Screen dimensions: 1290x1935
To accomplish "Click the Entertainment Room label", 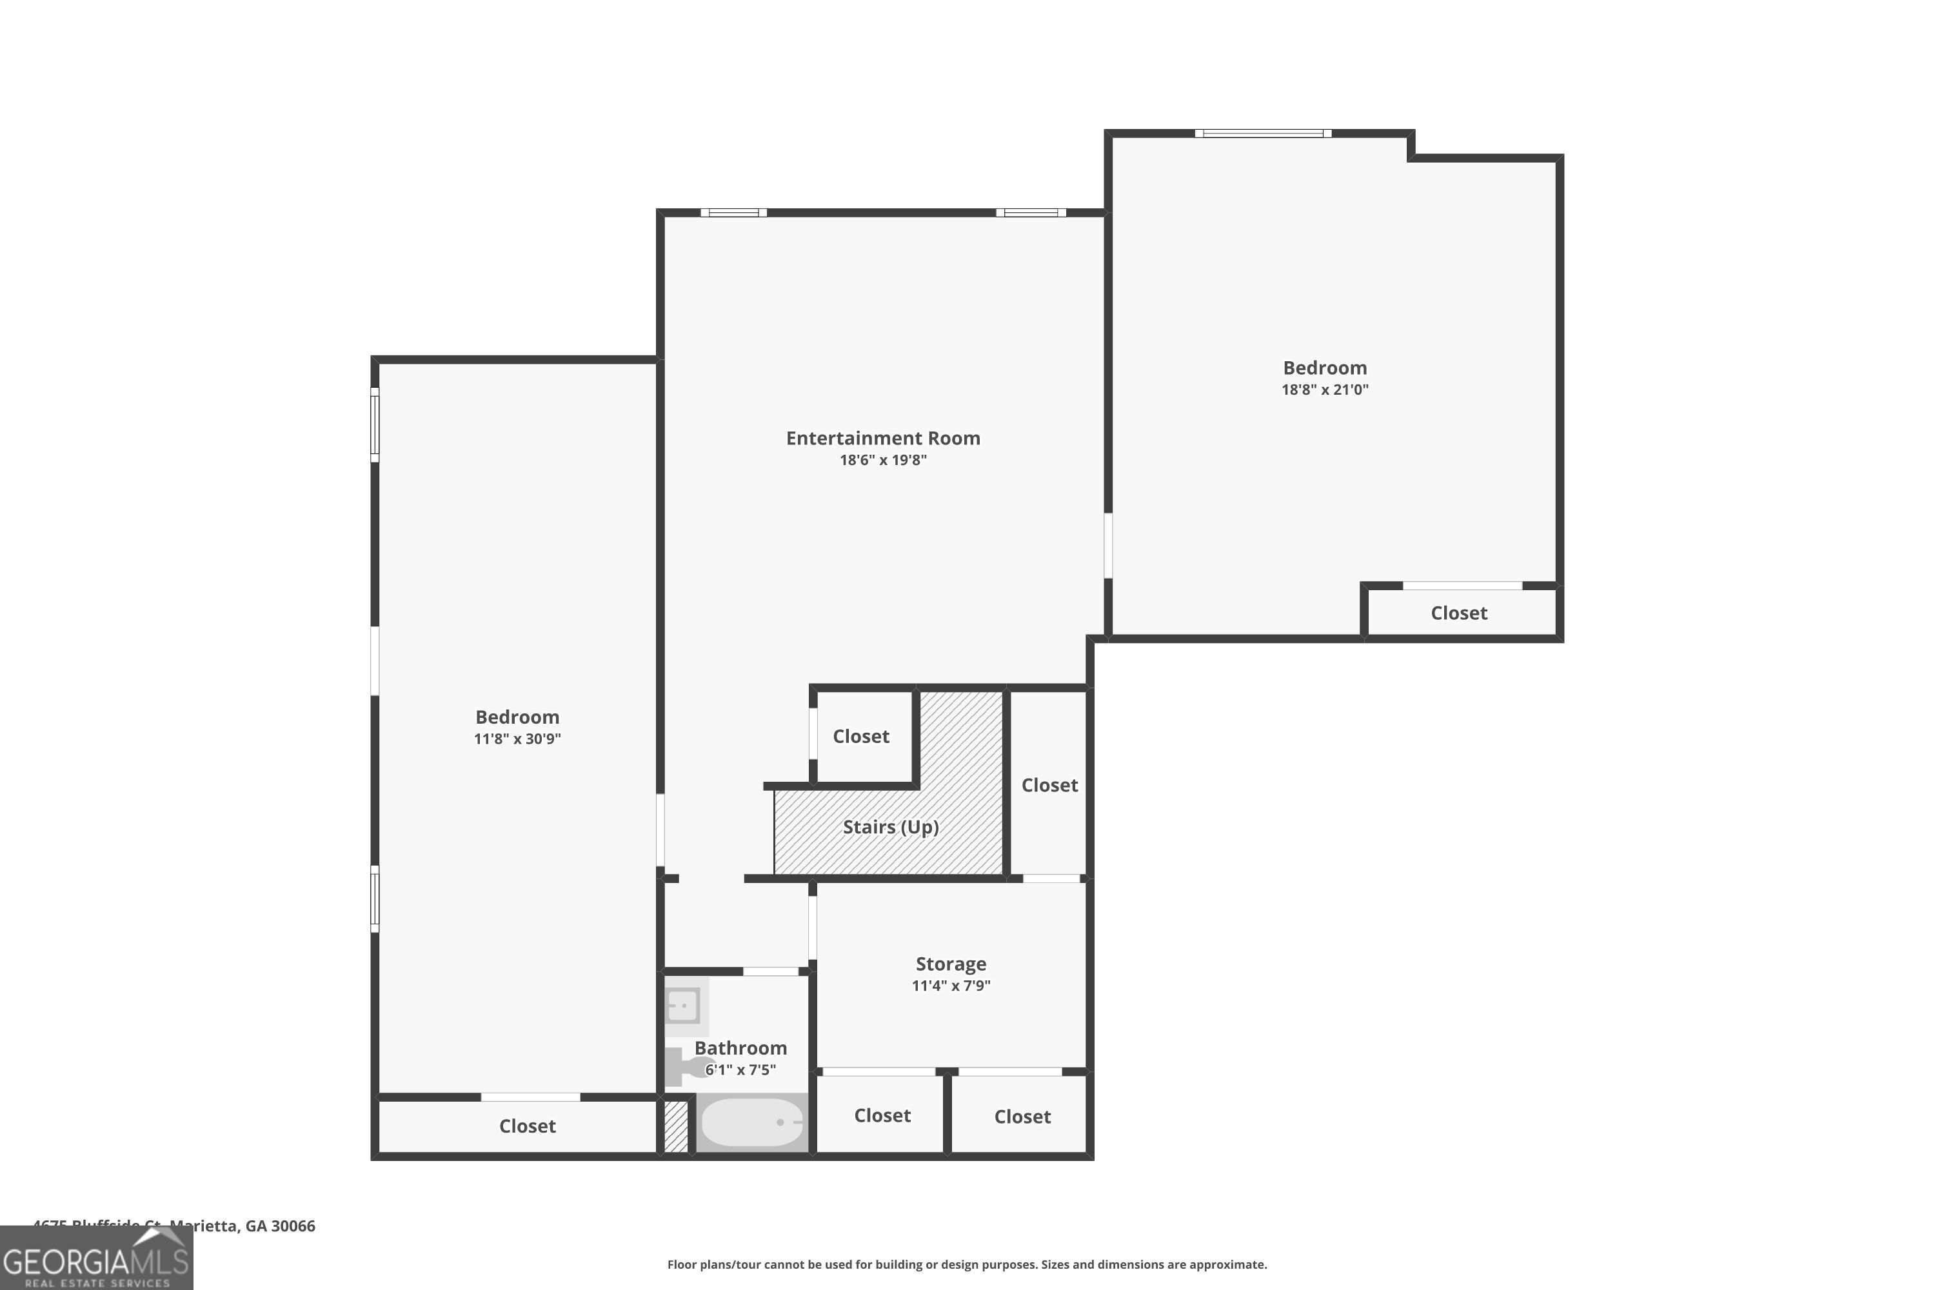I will tap(883, 439).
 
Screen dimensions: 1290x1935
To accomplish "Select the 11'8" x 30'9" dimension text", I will tap(517, 739).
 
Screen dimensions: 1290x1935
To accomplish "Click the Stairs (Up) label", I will tap(890, 827).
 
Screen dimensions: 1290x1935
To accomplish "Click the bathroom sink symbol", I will tap(684, 1006).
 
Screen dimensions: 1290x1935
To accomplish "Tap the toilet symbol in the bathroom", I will tap(683, 1066).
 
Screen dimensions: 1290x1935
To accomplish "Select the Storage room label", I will tap(950, 964).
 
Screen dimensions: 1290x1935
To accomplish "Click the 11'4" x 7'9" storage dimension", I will tap(950, 986).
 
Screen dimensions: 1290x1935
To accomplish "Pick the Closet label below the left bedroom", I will tap(528, 1126).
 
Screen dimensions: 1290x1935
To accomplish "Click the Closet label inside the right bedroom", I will tap(1458, 613).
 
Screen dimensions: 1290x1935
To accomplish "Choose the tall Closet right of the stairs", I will tap(1049, 785).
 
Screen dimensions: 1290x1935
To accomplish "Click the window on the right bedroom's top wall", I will tap(1263, 134).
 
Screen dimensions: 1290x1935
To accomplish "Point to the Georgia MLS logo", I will tap(96, 1259).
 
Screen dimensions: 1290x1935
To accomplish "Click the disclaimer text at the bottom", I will tap(967, 1264).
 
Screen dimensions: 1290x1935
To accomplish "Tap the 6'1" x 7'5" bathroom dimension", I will tap(740, 1069).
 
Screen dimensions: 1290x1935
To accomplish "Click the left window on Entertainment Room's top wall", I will tap(733, 213).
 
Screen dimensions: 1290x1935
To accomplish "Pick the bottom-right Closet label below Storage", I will tap(1022, 1116).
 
